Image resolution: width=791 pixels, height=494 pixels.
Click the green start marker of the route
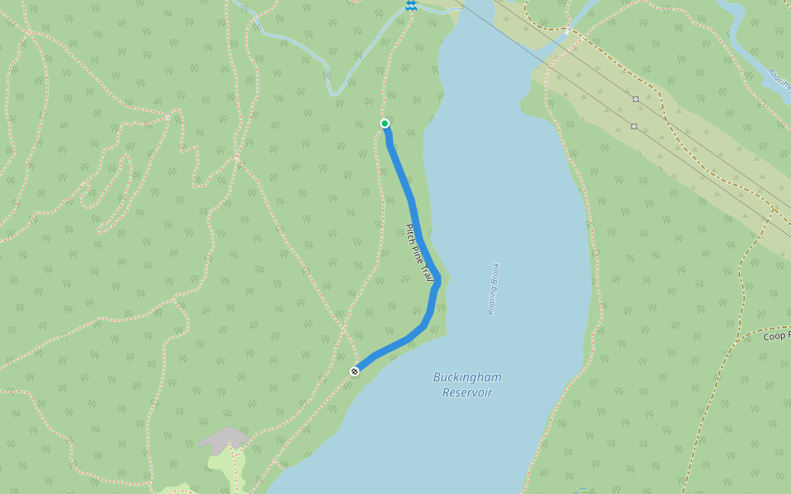(385, 123)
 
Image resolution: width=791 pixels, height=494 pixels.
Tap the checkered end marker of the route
(354, 371)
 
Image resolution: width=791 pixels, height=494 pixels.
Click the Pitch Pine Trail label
(419, 252)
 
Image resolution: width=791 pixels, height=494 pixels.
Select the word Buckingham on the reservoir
(467, 377)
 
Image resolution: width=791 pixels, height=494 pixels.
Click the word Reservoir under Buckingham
(467, 393)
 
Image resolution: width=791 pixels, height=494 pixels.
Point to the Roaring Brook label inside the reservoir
(493, 289)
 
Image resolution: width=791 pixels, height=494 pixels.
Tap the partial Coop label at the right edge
(776, 336)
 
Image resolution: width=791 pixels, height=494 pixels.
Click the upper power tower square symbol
(635, 99)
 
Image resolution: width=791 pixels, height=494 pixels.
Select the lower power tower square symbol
(634, 126)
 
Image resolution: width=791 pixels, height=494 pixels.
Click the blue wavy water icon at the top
(410, 6)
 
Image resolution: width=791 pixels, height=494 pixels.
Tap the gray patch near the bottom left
(223, 438)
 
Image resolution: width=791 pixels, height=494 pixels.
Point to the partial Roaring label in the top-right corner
(779, 78)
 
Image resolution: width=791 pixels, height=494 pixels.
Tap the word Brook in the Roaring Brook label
(495, 275)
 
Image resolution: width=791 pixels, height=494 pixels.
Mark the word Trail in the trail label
(428, 272)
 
